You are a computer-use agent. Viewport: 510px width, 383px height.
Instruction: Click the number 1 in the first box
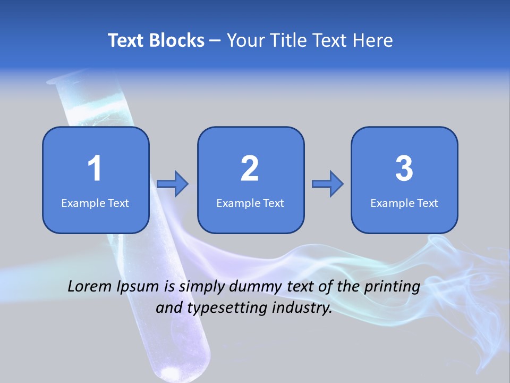95,169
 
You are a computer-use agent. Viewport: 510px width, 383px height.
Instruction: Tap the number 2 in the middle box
250,169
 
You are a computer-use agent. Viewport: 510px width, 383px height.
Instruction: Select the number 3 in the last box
404,169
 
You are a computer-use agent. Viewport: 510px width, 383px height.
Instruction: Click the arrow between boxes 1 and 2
173,184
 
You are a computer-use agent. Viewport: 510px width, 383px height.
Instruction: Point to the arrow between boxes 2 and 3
327,184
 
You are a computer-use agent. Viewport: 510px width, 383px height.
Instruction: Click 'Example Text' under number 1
95,203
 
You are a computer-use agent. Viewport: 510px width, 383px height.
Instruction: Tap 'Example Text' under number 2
250,203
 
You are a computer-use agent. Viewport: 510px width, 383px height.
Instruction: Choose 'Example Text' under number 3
404,203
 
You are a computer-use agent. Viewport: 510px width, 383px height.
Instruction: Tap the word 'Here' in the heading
372,40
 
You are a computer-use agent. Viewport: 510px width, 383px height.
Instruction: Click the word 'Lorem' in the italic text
90,286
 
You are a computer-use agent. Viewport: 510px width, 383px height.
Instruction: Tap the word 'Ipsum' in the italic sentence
137,287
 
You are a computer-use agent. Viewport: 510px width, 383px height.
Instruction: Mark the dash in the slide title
216,40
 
